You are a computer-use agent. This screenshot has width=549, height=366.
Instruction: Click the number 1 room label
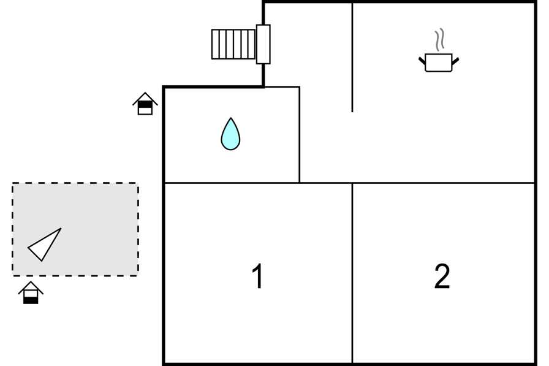258,276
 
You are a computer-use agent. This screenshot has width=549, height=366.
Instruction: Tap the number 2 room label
442,276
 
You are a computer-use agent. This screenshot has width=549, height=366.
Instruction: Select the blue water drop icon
230,134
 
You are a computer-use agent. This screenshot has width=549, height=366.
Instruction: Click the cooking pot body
438,63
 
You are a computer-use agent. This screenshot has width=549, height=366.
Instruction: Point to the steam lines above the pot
440,40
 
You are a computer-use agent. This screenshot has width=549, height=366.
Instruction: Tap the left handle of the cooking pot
422,61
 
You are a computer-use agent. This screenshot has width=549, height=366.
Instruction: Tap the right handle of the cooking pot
455,61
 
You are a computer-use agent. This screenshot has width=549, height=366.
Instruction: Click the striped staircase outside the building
233,44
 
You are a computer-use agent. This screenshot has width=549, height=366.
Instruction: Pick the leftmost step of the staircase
214,44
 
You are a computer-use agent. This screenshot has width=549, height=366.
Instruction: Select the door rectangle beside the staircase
263,44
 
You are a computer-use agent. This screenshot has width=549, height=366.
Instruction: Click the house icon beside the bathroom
145,104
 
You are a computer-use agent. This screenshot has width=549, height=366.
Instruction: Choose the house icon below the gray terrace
31,292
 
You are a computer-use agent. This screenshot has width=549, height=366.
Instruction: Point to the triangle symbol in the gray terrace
45,245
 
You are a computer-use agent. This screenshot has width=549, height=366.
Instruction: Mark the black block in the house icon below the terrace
31,300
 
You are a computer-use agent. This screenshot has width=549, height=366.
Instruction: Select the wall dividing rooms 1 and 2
352,273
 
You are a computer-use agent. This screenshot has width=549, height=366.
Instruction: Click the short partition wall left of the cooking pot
352,58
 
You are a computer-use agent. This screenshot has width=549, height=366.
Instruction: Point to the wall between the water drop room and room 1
232,183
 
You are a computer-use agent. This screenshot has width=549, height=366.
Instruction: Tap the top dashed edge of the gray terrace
75,183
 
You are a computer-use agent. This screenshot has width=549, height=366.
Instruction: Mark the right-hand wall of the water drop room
300,134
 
